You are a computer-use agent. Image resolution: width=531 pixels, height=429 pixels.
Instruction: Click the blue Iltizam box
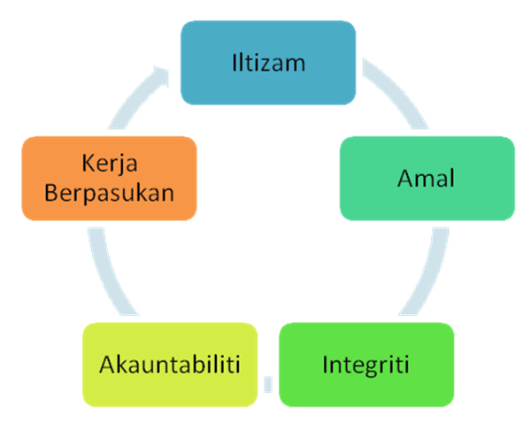tap(268, 63)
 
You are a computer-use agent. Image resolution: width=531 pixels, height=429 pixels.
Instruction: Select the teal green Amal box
tap(427, 179)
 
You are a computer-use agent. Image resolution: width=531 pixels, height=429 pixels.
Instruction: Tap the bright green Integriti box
tap(366, 364)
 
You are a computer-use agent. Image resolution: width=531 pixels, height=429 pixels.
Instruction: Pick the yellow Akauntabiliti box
tap(170, 364)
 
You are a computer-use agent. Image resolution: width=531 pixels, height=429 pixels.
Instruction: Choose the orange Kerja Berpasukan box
tap(110, 179)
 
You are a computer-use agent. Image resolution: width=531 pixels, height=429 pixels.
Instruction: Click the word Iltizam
tap(268, 63)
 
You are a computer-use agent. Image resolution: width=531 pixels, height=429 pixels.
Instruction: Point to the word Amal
tap(426, 178)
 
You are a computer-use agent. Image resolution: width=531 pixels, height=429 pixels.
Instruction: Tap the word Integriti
tap(366, 365)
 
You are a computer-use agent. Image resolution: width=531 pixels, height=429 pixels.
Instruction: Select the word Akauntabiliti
tap(170, 364)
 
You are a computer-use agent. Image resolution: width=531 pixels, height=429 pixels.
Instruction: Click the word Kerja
tap(110, 164)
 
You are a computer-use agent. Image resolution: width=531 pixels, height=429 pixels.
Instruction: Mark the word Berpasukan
tap(110, 194)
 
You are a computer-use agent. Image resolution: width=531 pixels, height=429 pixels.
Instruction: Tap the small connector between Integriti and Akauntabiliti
tap(268, 384)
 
